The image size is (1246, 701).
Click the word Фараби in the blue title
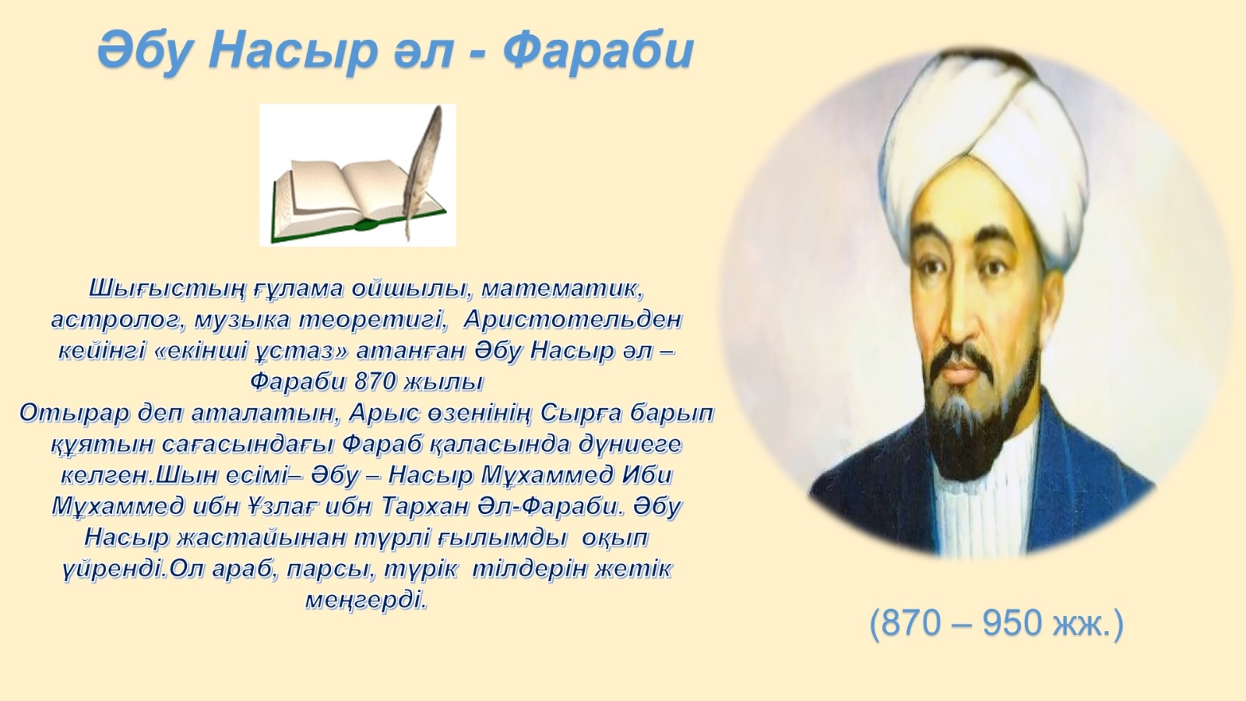[597, 51]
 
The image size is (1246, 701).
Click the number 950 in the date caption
[1012, 623]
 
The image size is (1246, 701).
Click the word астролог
[118, 321]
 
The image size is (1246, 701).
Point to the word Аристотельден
[573, 320]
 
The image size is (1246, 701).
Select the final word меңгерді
[367, 601]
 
